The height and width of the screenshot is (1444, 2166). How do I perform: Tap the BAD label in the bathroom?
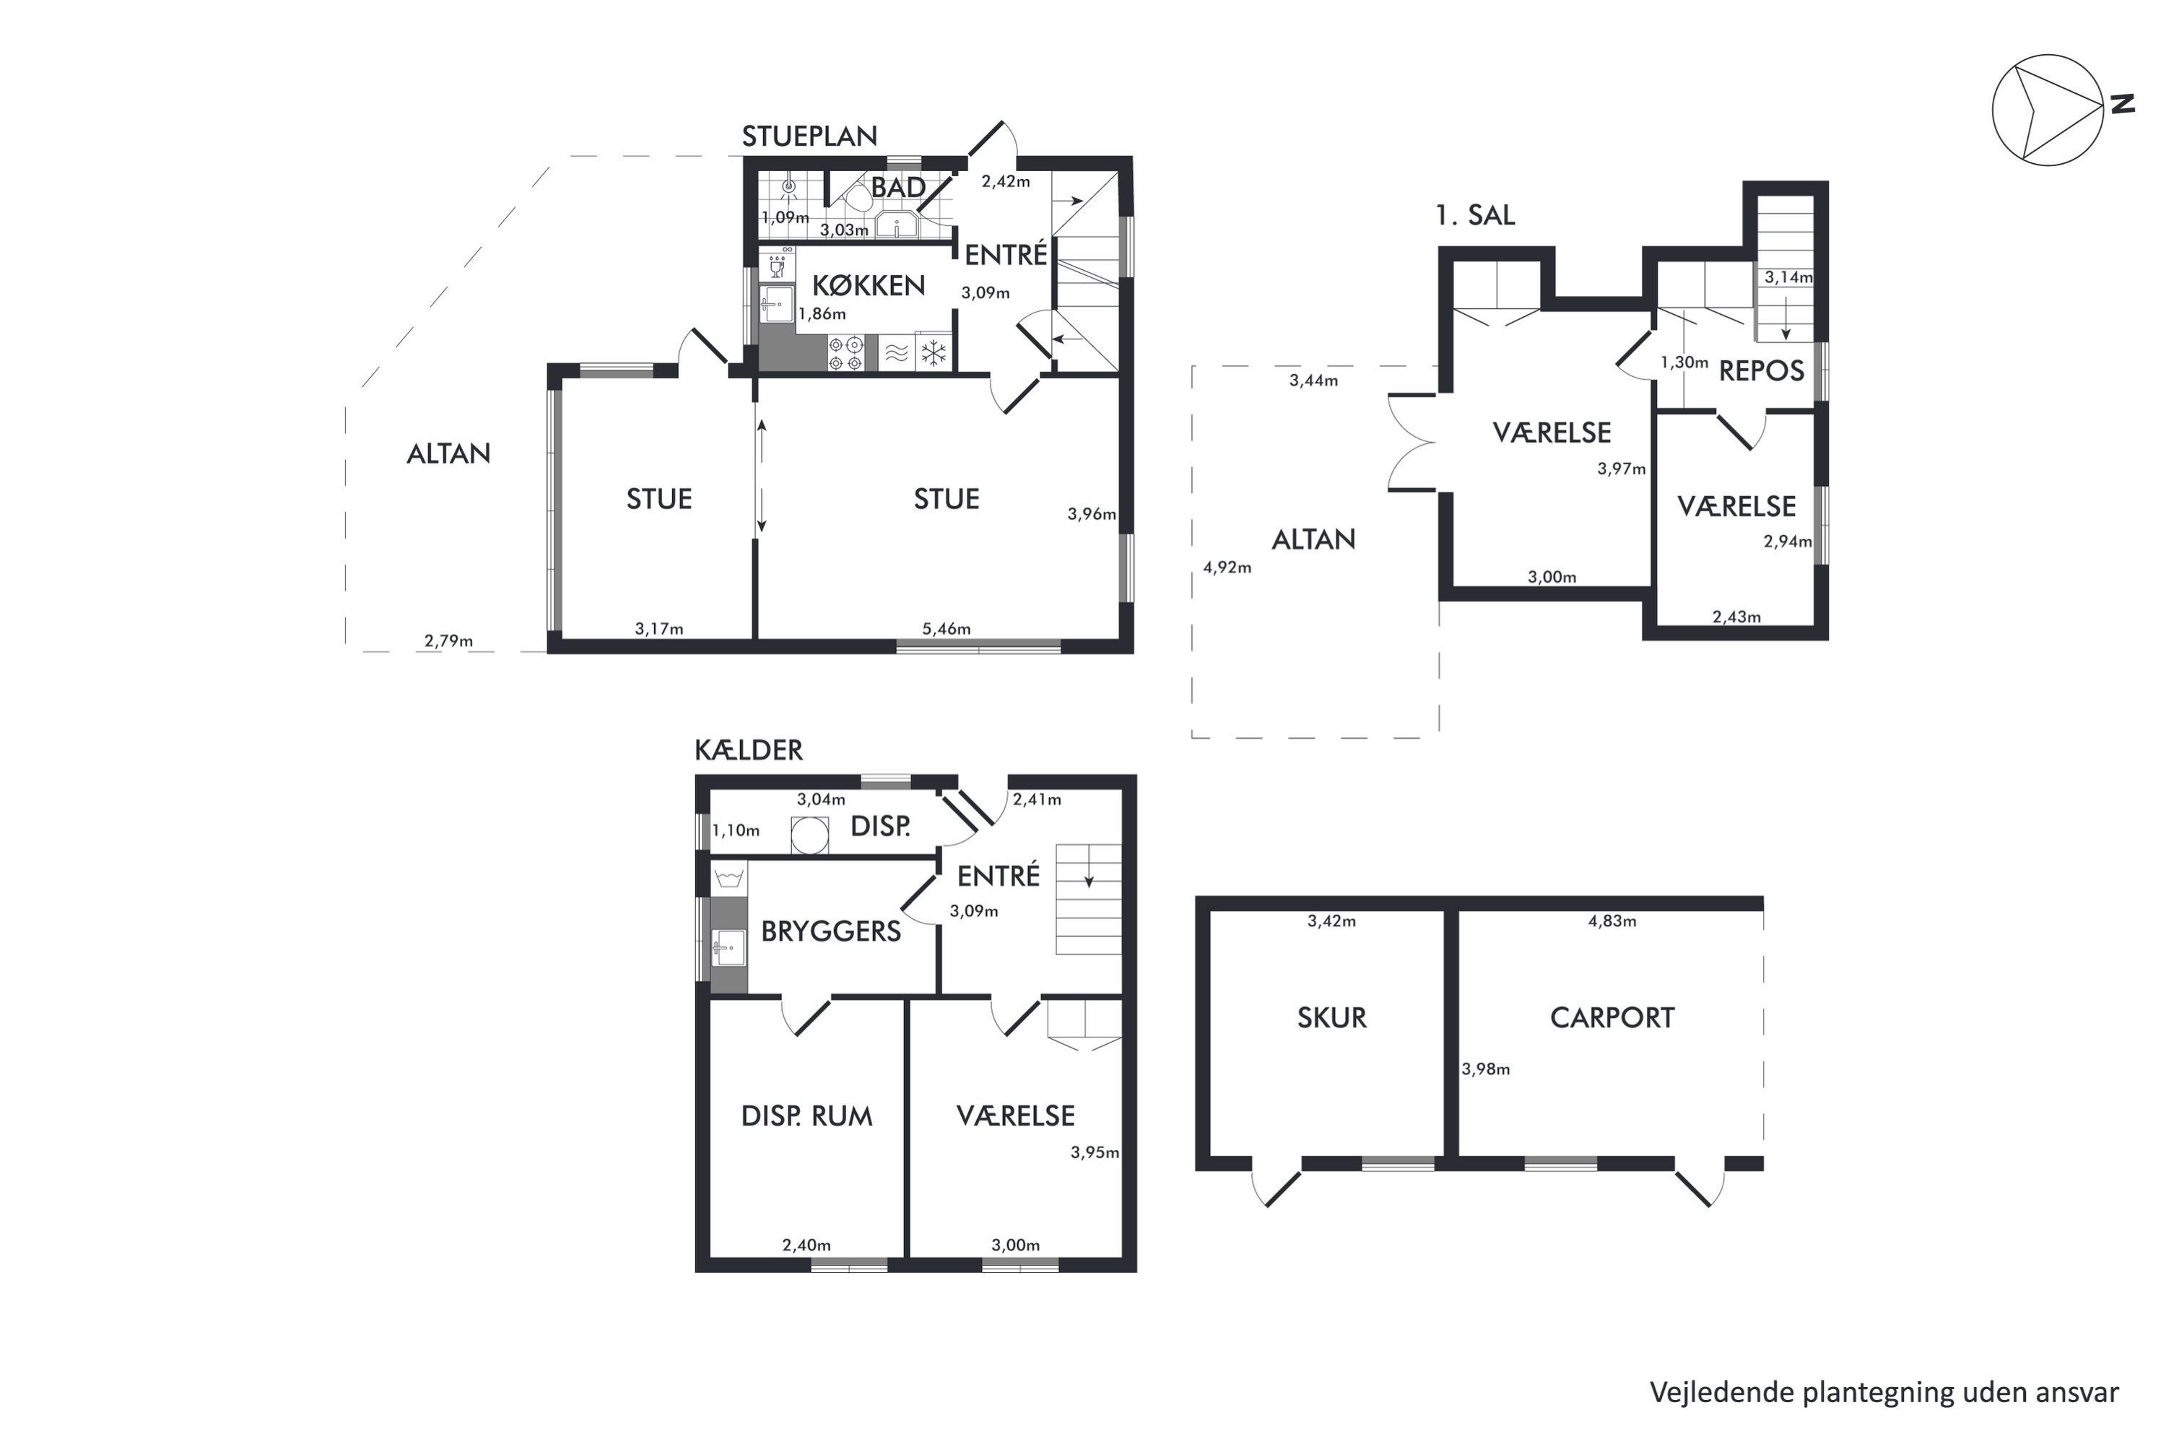pyautogui.click(x=898, y=188)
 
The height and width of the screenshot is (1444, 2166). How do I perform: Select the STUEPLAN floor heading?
pyautogui.click(x=809, y=136)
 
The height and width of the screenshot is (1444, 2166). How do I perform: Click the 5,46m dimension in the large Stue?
pyautogui.click(x=947, y=630)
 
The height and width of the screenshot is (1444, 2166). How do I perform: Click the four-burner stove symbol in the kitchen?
pyautogui.click(x=845, y=354)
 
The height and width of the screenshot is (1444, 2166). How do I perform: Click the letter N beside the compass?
pyautogui.click(x=2122, y=104)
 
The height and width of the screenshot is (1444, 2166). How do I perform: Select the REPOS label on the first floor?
pyautogui.click(x=1762, y=371)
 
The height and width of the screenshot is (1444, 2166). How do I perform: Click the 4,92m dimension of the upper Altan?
pyautogui.click(x=1227, y=568)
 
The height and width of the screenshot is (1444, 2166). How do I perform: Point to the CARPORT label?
pyautogui.click(x=1612, y=1017)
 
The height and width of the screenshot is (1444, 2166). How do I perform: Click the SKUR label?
pyautogui.click(x=1331, y=1017)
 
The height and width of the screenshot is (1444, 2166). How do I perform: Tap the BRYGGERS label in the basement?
pyautogui.click(x=831, y=932)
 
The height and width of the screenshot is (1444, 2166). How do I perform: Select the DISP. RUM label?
pyautogui.click(x=806, y=1116)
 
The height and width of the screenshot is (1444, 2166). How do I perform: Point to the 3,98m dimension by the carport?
pyautogui.click(x=1485, y=1070)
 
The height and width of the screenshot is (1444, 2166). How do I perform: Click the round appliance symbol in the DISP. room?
pyautogui.click(x=809, y=835)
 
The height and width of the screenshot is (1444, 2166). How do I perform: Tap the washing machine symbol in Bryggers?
pyautogui.click(x=729, y=877)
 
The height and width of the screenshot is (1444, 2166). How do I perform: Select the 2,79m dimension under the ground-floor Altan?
pyautogui.click(x=448, y=641)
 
